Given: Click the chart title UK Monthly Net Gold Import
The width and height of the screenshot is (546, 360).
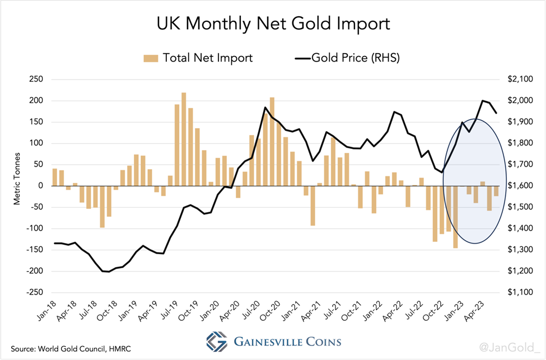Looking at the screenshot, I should click(273, 25).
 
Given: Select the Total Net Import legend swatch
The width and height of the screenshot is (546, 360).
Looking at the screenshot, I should click(151, 58).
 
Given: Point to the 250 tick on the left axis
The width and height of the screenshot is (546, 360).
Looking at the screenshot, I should click(36, 79).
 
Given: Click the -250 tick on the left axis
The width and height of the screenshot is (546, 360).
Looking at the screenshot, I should click(35, 292).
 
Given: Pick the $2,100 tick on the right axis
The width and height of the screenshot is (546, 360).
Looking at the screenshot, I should click(519, 79).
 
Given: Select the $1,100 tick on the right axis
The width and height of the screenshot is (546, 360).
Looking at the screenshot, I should click(519, 292).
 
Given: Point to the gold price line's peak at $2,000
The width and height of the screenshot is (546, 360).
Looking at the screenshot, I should click(482, 101).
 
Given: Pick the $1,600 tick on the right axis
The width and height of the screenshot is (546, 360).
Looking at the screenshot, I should click(519, 186).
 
